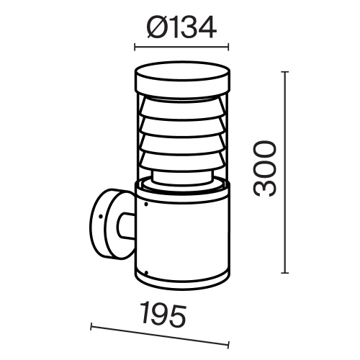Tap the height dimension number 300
pos(265,170)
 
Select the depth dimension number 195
pos(163,315)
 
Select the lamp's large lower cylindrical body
pos(184,238)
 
